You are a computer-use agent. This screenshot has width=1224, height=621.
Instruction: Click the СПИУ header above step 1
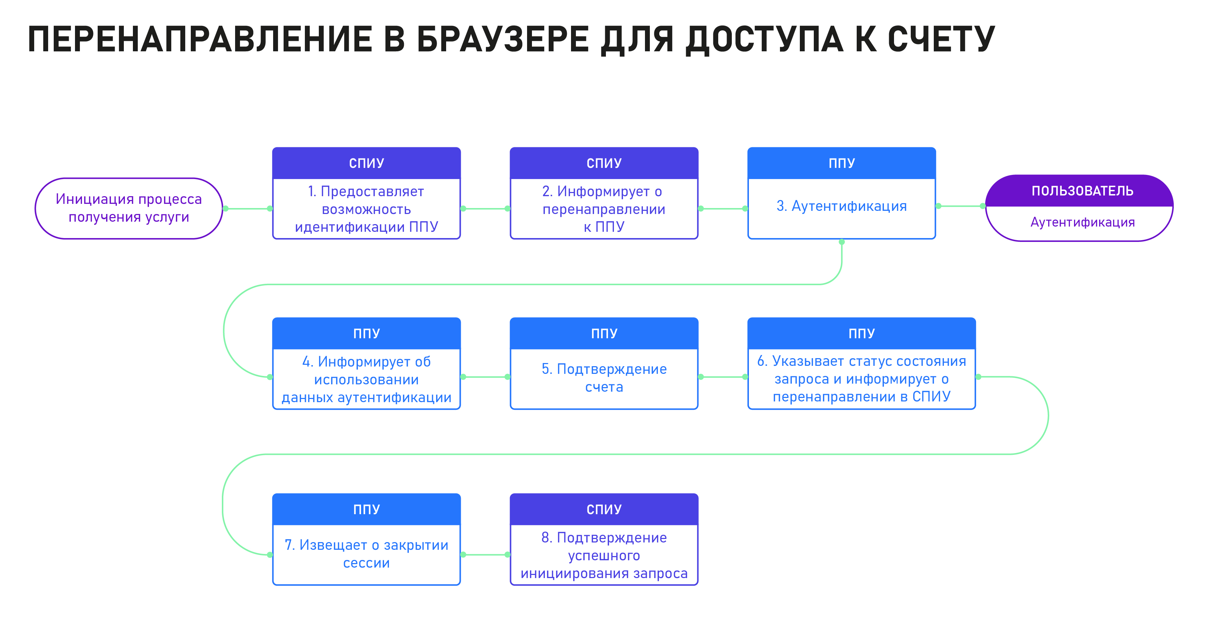tap(366, 163)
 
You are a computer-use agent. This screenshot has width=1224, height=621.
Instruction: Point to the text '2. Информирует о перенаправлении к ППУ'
tap(604, 209)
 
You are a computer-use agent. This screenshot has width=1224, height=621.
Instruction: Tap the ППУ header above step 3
tap(841, 163)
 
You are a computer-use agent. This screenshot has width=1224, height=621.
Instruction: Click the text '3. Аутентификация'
tap(841, 206)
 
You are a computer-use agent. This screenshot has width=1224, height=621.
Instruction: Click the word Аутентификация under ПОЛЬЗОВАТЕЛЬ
tap(1082, 222)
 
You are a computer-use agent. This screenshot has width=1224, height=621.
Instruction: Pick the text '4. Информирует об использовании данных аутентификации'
tap(366, 379)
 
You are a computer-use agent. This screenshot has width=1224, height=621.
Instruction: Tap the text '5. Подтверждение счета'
tap(604, 378)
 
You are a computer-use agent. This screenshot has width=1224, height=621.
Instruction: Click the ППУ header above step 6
tap(862, 333)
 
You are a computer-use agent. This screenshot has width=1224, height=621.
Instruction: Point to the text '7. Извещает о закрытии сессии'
tap(366, 554)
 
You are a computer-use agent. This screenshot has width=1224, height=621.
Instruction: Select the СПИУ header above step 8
tap(604, 509)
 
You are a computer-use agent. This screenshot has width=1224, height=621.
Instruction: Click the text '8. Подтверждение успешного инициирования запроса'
tap(604, 555)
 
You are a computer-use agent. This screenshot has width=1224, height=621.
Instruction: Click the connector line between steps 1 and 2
tap(485, 208)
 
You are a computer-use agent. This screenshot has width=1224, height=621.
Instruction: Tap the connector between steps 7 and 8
tap(485, 554)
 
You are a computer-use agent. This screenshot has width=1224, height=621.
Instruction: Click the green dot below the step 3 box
tap(841, 242)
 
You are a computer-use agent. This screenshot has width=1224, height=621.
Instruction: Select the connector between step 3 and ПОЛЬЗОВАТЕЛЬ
tap(960, 206)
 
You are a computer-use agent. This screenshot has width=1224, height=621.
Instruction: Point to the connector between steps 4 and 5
tap(485, 377)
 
